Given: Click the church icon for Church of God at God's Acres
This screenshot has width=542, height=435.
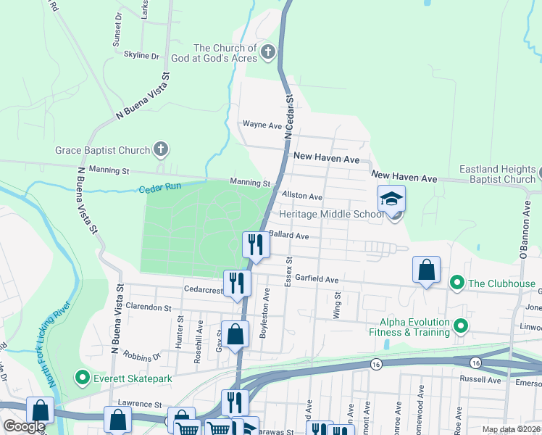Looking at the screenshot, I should coord(268,51).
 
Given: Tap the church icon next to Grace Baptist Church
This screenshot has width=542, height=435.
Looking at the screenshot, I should coord(161,150).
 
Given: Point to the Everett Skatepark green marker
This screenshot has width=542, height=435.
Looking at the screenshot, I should coord(82,378).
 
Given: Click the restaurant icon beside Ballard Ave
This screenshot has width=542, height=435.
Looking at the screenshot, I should coord(255,244).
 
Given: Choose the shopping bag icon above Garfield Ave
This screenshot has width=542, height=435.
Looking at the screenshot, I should coord(427,269).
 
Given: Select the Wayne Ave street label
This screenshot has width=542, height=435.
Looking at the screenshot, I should coord(262,125).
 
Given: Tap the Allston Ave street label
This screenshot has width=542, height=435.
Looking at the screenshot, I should coord(302,196).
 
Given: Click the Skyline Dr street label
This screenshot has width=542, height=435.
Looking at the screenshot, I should coord(141,55).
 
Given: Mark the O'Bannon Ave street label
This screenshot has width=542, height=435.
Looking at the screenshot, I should coord(526,228).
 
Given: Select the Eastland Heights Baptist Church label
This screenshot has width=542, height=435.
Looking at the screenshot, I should coord(496,174).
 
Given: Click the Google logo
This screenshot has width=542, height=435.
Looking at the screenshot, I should coord(24,426).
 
